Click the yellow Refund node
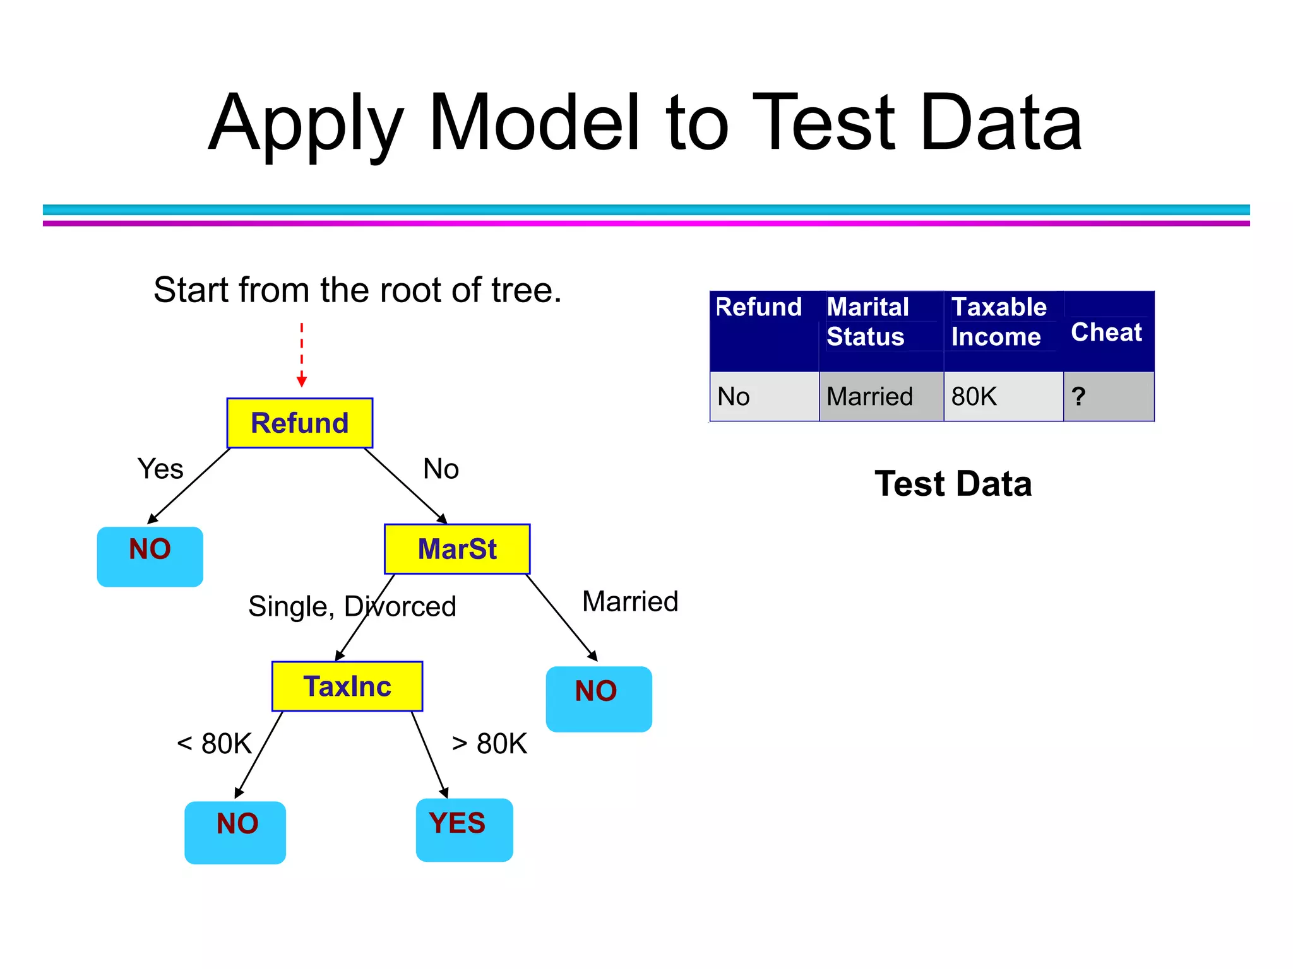[x=299, y=423]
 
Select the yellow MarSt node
[x=457, y=549]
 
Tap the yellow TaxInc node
[x=347, y=686]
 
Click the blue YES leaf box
[x=464, y=830]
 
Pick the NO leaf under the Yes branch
[x=150, y=556]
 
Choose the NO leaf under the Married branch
[x=598, y=698]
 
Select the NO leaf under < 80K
[x=235, y=832]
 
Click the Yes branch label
[x=160, y=469]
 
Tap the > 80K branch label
[x=489, y=744]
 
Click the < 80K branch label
[x=215, y=744]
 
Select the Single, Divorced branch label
[x=352, y=606]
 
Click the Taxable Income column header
[x=999, y=322]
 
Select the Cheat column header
[x=1107, y=332]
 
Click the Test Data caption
[x=953, y=484]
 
